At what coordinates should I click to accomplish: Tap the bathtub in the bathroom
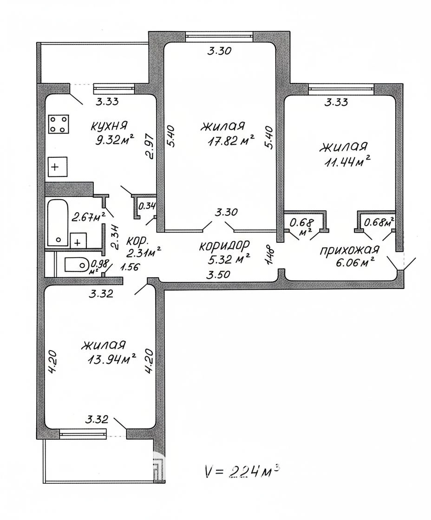click(x=58, y=222)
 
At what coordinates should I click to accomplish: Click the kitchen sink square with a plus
click(x=58, y=167)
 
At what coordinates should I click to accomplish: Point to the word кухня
click(x=109, y=126)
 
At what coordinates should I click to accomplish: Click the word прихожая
click(x=349, y=250)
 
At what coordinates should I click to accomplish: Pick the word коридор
click(x=224, y=246)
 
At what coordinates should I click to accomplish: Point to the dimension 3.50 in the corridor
click(x=218, y=274)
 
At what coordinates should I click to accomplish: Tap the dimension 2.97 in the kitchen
click(x=150, y=147)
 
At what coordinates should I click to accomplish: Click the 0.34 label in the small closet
click(x=146, y=206)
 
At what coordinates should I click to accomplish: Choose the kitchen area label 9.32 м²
click(x=114, y=141)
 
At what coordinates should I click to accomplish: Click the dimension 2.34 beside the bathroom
click(x=114, y=237)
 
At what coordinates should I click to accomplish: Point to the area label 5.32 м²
click(x=229, y=259)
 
